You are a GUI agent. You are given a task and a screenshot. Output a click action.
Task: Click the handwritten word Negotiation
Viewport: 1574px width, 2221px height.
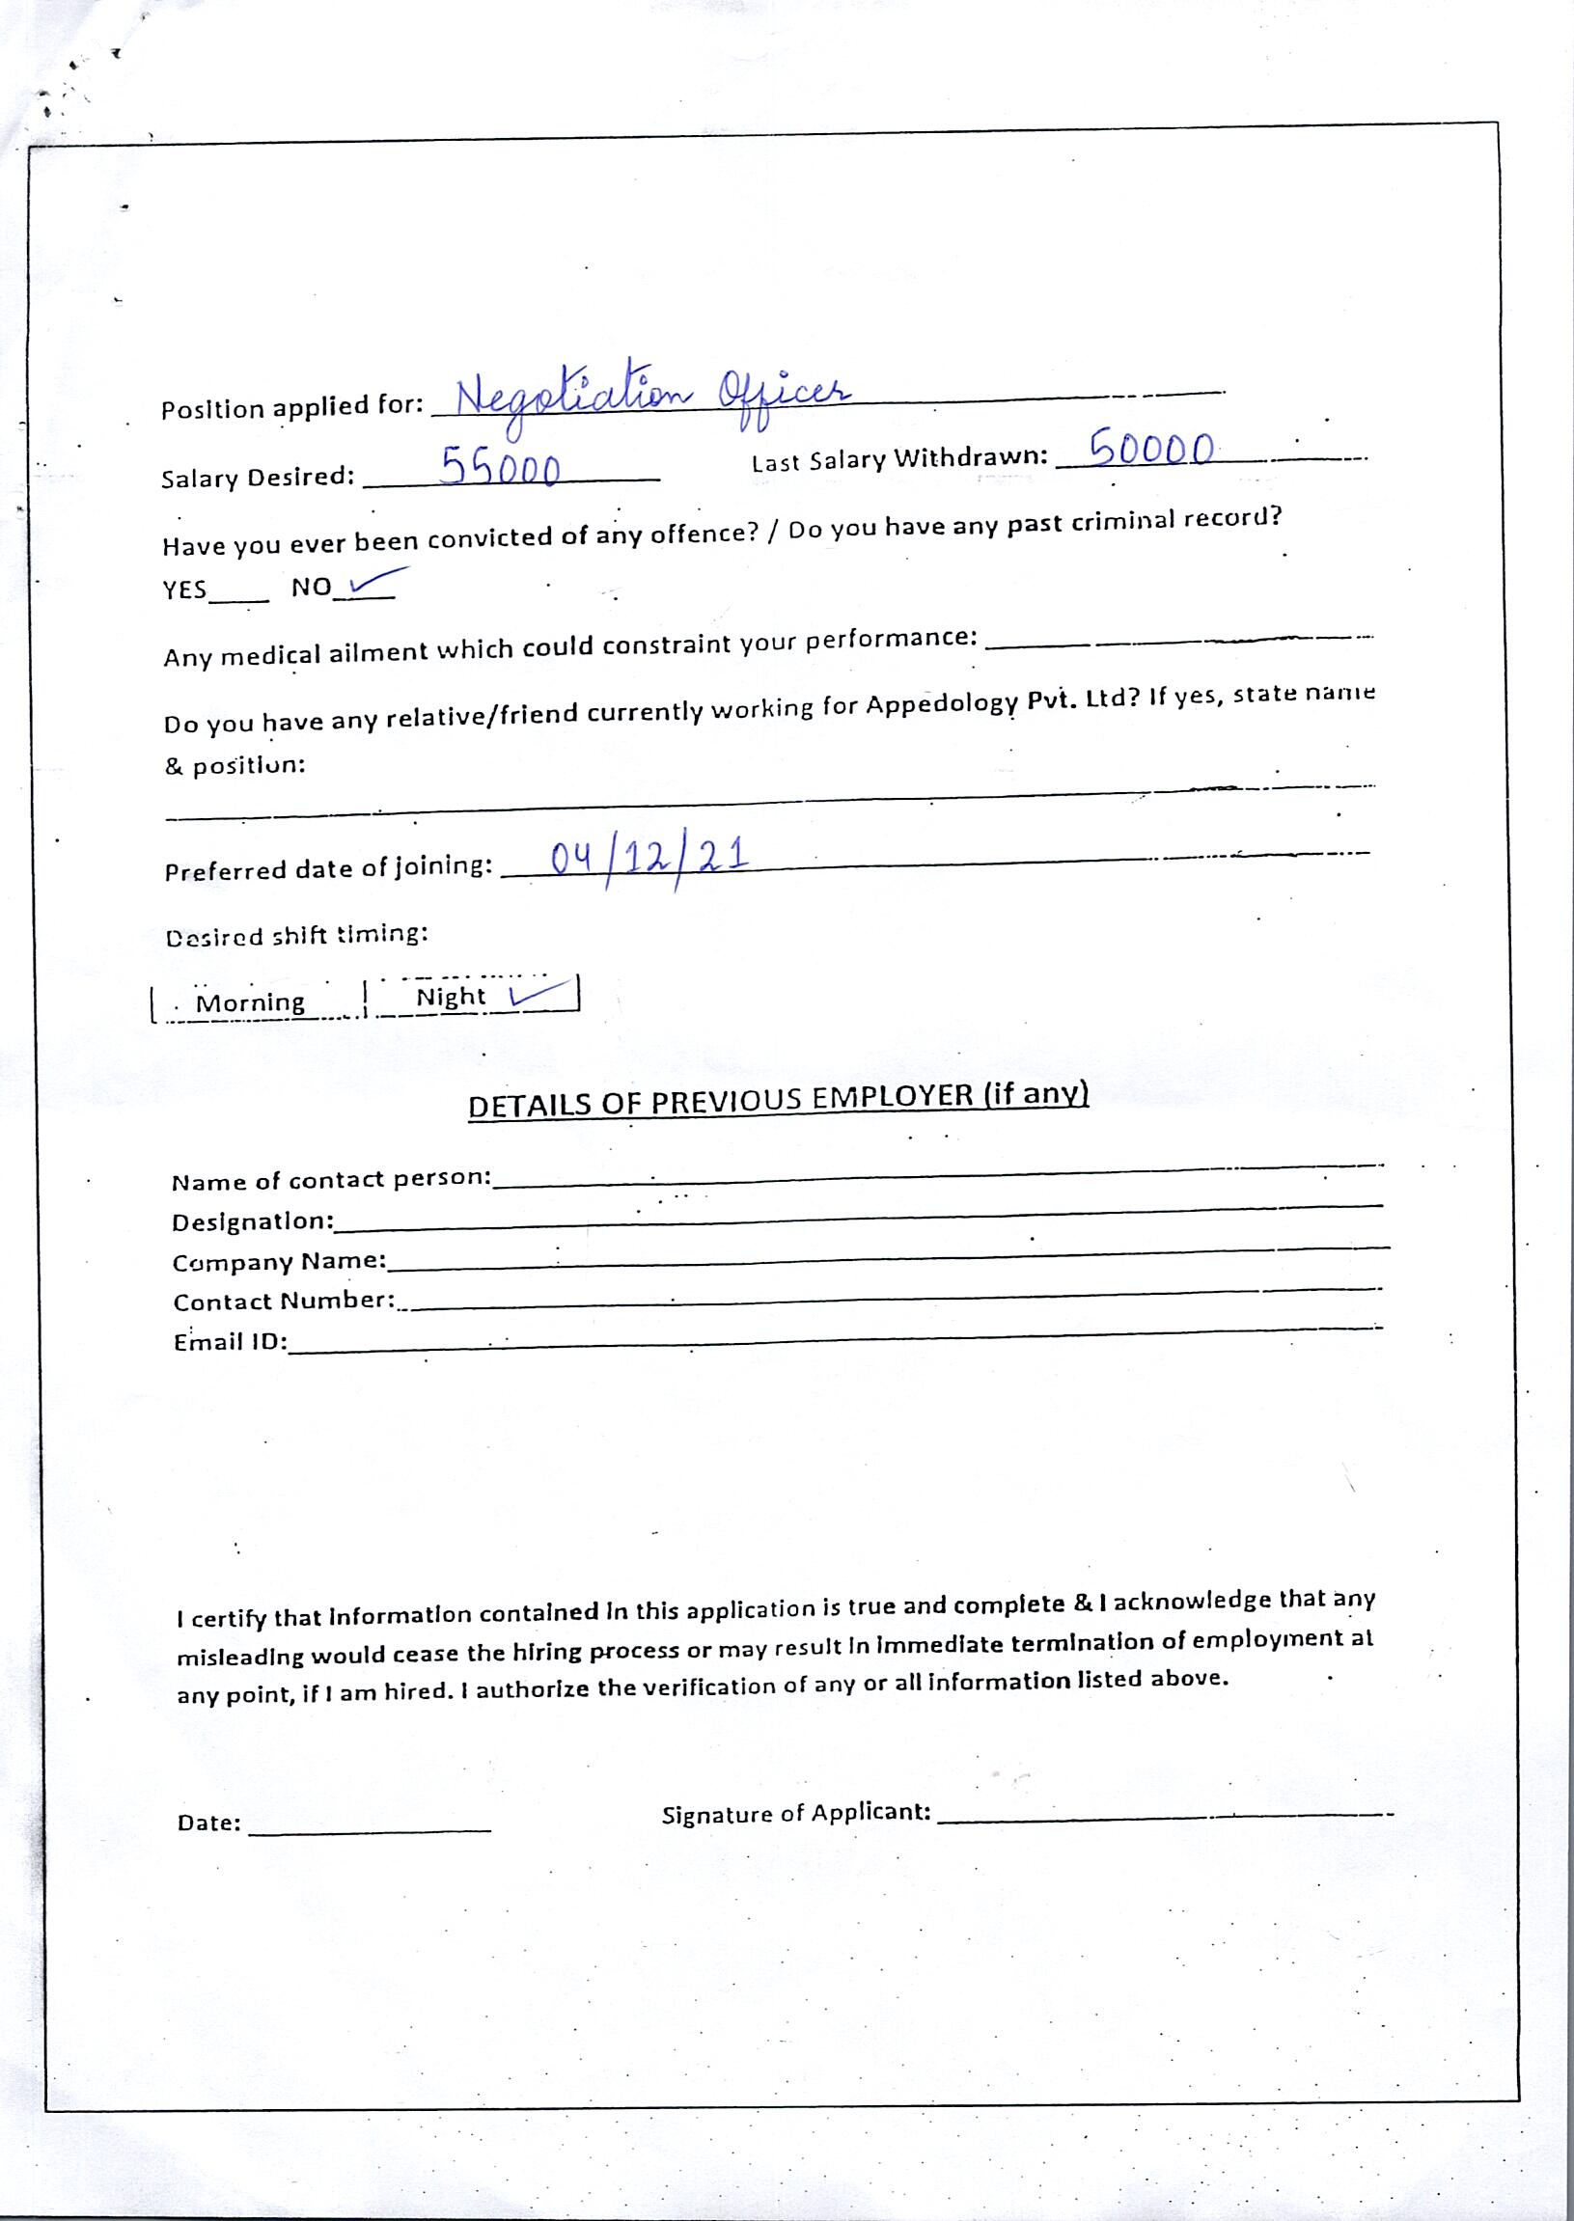pyautogui.click(x=574, y=395)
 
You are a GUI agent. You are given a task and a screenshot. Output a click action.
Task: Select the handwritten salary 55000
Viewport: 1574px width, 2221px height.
pyautogui.click(x=501, y=467)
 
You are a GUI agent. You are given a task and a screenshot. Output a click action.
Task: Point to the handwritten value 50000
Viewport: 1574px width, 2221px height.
pyautogui.click(x=1151, y=449)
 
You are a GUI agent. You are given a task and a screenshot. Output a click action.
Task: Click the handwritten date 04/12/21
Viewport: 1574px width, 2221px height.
pyautogui.click(x=649, y=858)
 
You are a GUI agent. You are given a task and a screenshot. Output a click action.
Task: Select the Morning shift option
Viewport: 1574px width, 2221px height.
pyautogui.click(x=250, y=1002)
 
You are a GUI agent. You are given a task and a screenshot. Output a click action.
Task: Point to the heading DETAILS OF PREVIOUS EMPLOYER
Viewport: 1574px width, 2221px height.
pyautogui.click(x=777, y=1101)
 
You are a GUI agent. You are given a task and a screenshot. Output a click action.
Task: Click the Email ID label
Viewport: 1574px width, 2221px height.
pyautogui.click(x=230, y=1342)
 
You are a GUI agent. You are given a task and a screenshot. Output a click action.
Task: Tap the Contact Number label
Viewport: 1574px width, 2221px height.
pyautogui.click(x=283, y=1302)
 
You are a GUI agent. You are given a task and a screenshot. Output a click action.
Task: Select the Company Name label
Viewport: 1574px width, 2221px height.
pyautogui.click(x=279, y=1262)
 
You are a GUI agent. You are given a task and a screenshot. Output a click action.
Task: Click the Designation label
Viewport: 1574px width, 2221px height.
pyautogui.click(x=252, y=1222)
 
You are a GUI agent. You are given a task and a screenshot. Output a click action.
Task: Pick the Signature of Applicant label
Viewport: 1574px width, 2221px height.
pyautogui.click(x=796, y=1813)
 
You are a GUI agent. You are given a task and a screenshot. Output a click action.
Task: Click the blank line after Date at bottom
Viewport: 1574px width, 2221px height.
pyautogui.click(x=370, y=1828)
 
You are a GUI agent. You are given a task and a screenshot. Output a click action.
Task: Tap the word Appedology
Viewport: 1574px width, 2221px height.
pyautogui.click(x=940, y=702)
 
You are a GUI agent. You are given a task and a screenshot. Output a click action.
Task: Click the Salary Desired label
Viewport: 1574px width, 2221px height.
pyautogui.click(x=258, y=478)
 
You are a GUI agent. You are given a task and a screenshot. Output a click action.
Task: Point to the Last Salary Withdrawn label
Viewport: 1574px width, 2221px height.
pyautogui.click(x=899, y=458)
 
